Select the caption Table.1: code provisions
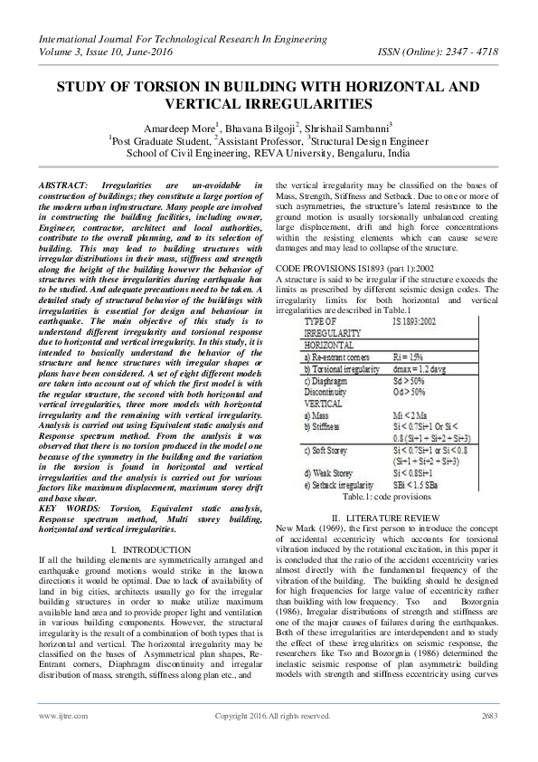point(386,497)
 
